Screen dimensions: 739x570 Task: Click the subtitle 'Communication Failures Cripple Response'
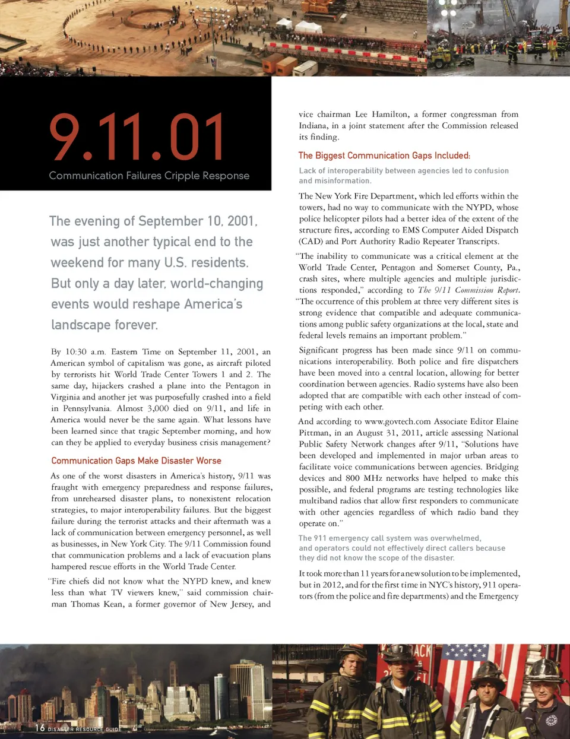pos(149,176)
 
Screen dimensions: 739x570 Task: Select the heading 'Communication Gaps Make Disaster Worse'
pos(136,461)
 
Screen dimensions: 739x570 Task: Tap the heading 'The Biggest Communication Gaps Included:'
pos(384,156)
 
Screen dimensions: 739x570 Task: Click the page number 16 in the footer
pos(40,728)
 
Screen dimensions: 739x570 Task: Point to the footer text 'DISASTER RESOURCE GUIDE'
pos(84,729)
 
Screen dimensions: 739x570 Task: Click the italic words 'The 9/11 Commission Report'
pos(468,290)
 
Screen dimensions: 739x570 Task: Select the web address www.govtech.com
pos(397,421)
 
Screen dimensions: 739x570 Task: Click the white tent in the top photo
pos(308,27)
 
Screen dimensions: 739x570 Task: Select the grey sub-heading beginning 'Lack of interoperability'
pos(404,176)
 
